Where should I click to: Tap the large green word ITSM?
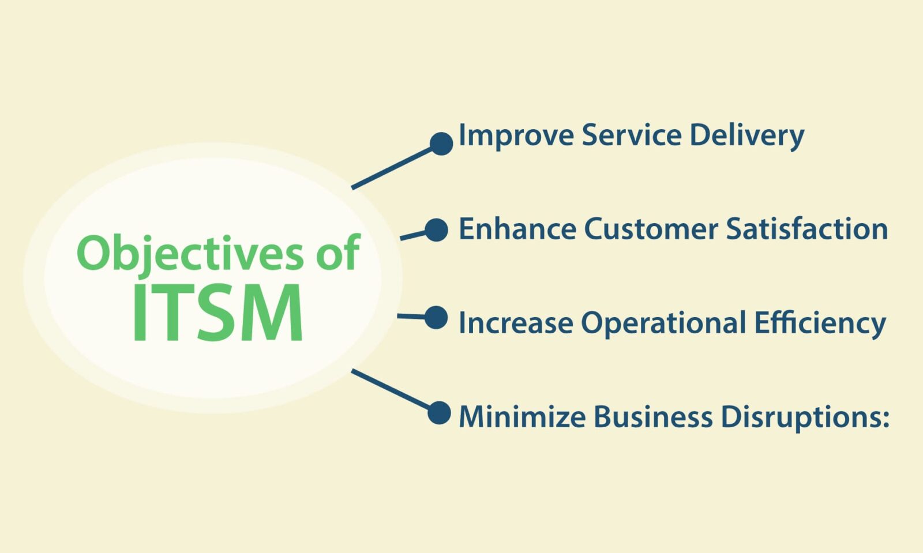click(x=217, y=313)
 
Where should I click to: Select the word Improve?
click(x=516, y=136)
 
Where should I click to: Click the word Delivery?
click(x=746, y=136)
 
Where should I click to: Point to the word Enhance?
click(x=517, y=228)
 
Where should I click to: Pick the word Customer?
click(x=651, y=229)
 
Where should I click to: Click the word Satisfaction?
click(x=807, y=228)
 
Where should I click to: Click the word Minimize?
click(x=523, y=416)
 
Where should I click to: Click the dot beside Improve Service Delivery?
click(x=441, y=144)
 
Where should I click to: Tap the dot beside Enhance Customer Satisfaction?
click(x=436, y=230)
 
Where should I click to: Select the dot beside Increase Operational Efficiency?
click(x=436, y=318)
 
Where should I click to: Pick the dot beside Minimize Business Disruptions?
click(x=439, y=413)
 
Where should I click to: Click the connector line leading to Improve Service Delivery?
click(x=392, y=168)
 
